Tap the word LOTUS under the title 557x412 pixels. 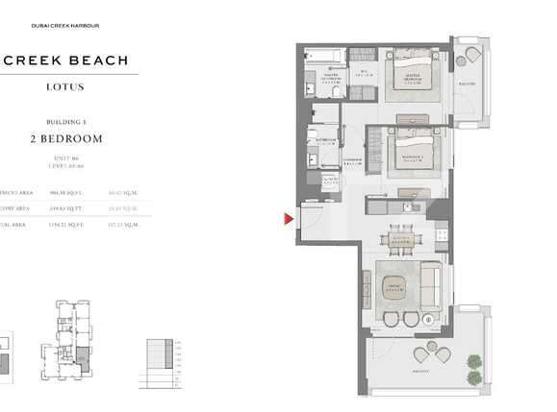click(64, 87)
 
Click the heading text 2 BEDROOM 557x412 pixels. click(65, 139)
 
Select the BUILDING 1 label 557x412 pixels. click(65, 122)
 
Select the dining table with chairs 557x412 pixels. click(401, 241)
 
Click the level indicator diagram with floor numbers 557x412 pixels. click(163, 362)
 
